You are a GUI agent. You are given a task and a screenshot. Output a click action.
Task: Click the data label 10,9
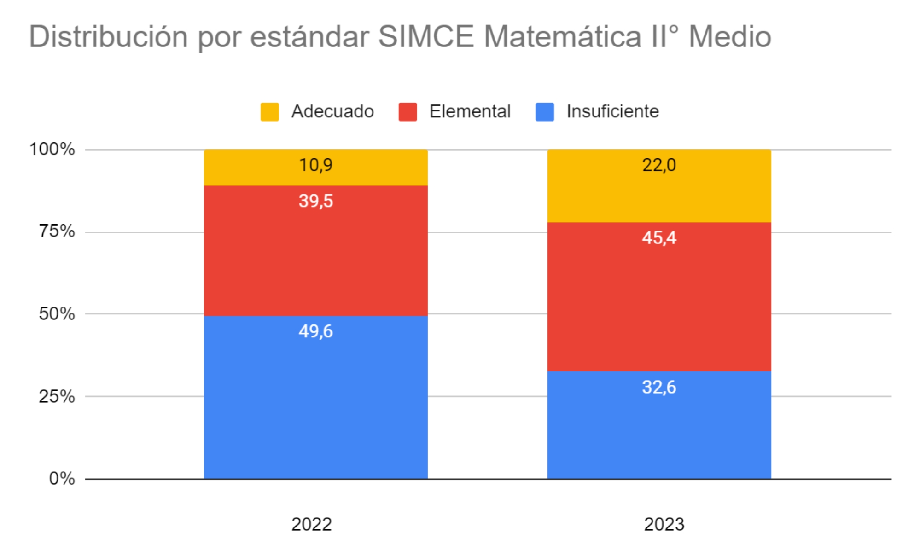click(x=315, y=165)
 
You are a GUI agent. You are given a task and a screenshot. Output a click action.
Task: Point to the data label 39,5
click(x=315, y=201)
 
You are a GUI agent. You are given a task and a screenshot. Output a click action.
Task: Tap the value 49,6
click(x=315, y=331)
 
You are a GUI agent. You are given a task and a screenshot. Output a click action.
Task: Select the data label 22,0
click(x=659, y=165)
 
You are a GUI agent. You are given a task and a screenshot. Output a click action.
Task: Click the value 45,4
click(x=659, y=238)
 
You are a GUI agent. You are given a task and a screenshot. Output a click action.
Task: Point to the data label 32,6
click(x=659, y=387)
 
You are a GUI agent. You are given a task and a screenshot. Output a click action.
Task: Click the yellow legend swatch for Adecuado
click(x=269, y=112)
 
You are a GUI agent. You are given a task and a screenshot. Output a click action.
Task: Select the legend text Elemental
click(x=470, y=111)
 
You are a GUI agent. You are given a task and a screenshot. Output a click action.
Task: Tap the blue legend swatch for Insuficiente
click(x=545, y=112)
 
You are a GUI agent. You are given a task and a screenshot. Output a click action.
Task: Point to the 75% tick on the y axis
click(x=57, y=231)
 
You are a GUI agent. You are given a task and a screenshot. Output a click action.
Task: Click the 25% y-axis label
click(x=57, y=396)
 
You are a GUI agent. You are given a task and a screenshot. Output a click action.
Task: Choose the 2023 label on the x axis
click(x=664, y=524)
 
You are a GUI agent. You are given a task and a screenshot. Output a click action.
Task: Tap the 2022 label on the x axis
click(x=311, y=524)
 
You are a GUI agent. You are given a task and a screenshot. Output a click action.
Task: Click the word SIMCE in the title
click(x=426, y=36)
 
